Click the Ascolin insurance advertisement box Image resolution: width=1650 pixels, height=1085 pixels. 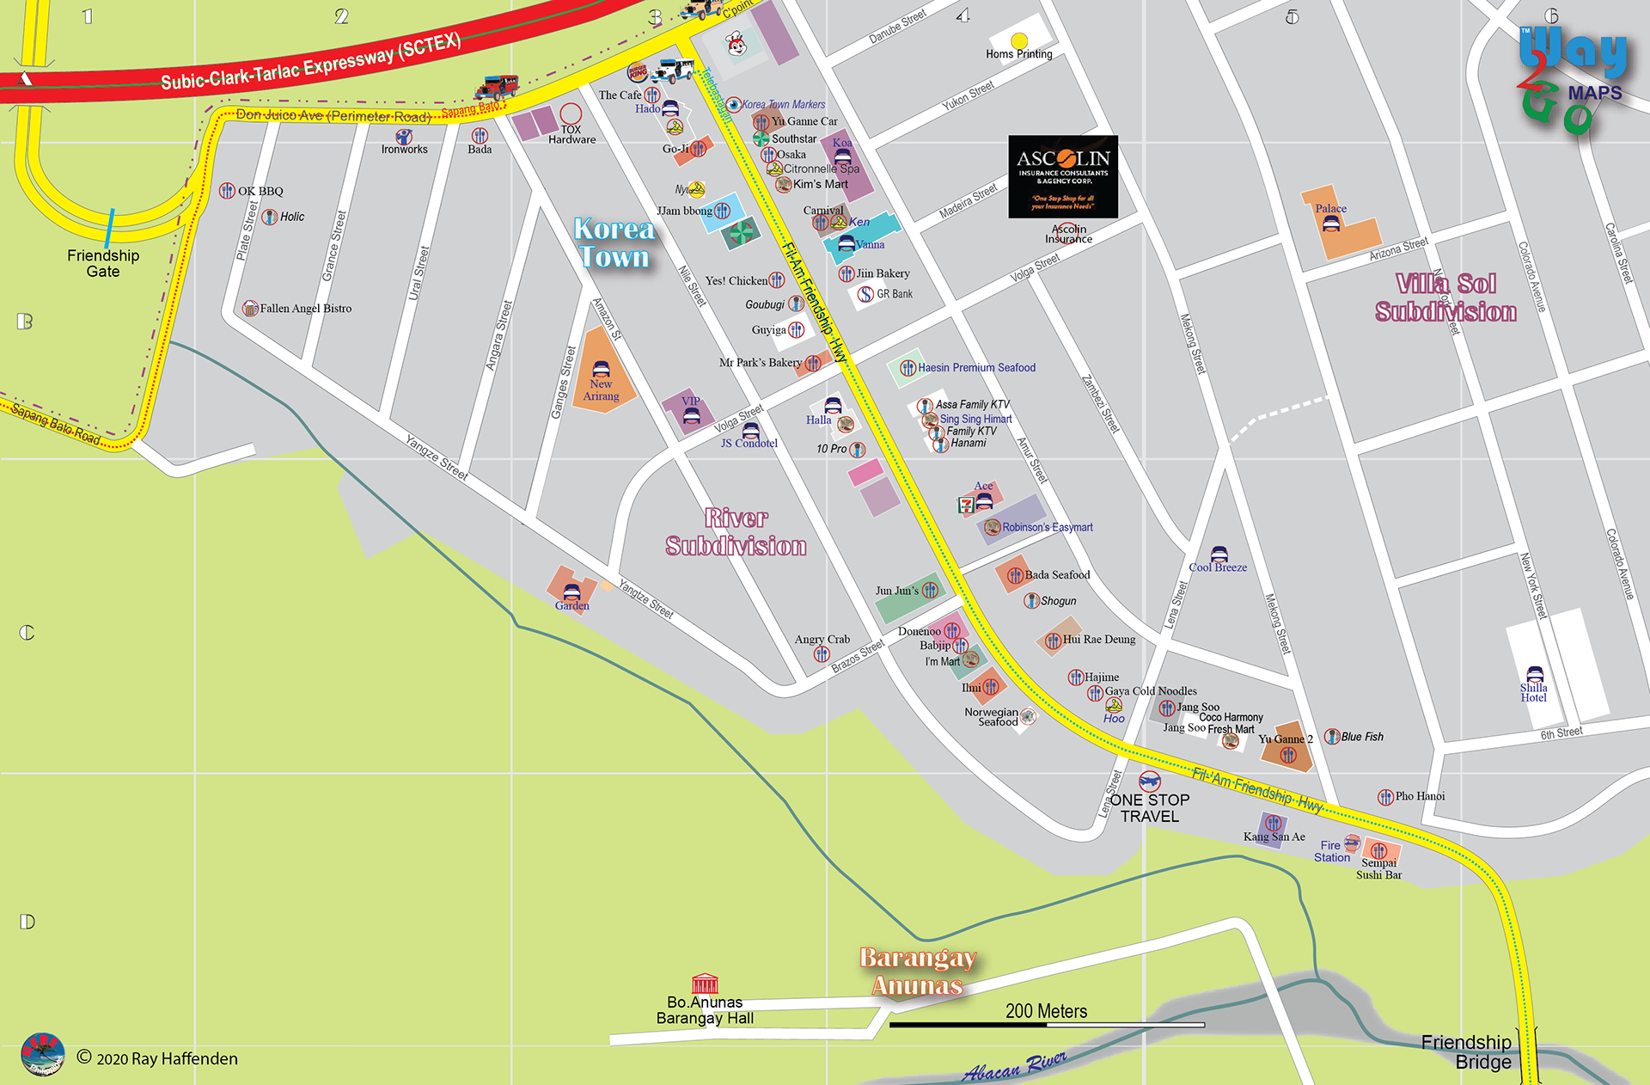point(1063,176)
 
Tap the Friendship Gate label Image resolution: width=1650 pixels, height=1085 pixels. point(103,263)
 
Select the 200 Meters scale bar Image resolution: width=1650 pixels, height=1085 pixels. point(1047,1024)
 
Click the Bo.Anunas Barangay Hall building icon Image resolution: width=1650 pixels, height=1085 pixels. point(705,984)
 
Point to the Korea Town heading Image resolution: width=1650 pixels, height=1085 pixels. point(614,242)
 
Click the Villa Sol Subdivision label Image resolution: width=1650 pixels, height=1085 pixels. point(1446,297)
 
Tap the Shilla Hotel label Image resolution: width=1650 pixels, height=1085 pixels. point(1533,692)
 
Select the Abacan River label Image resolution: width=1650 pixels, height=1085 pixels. point(1014,1066)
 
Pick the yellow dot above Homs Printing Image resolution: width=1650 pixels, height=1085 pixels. point(1019,40)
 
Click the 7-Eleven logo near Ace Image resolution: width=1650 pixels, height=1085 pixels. point(966,505)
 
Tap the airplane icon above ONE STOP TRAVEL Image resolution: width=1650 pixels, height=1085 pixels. point(1149,781)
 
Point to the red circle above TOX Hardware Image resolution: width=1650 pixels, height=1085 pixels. point(571,113)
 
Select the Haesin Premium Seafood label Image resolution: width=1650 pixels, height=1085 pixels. point(976,368)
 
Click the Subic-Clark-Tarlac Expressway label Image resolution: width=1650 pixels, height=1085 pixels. point(311,63)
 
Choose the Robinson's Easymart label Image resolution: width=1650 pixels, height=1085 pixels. point(1047,527)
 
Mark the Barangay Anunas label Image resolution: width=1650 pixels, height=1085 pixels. point(918,972)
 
